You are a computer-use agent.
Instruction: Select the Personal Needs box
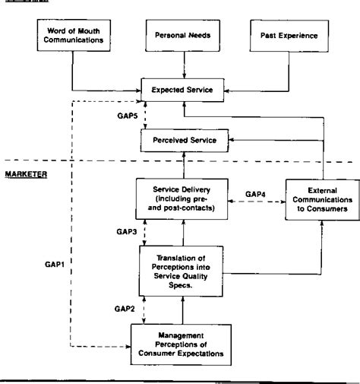(181, 36)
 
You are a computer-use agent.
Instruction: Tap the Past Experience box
(289, 36)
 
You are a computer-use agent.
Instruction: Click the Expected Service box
(181, 90)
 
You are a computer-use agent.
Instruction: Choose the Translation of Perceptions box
(179, 269)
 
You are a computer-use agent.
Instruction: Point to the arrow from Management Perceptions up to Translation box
(181, 310)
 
